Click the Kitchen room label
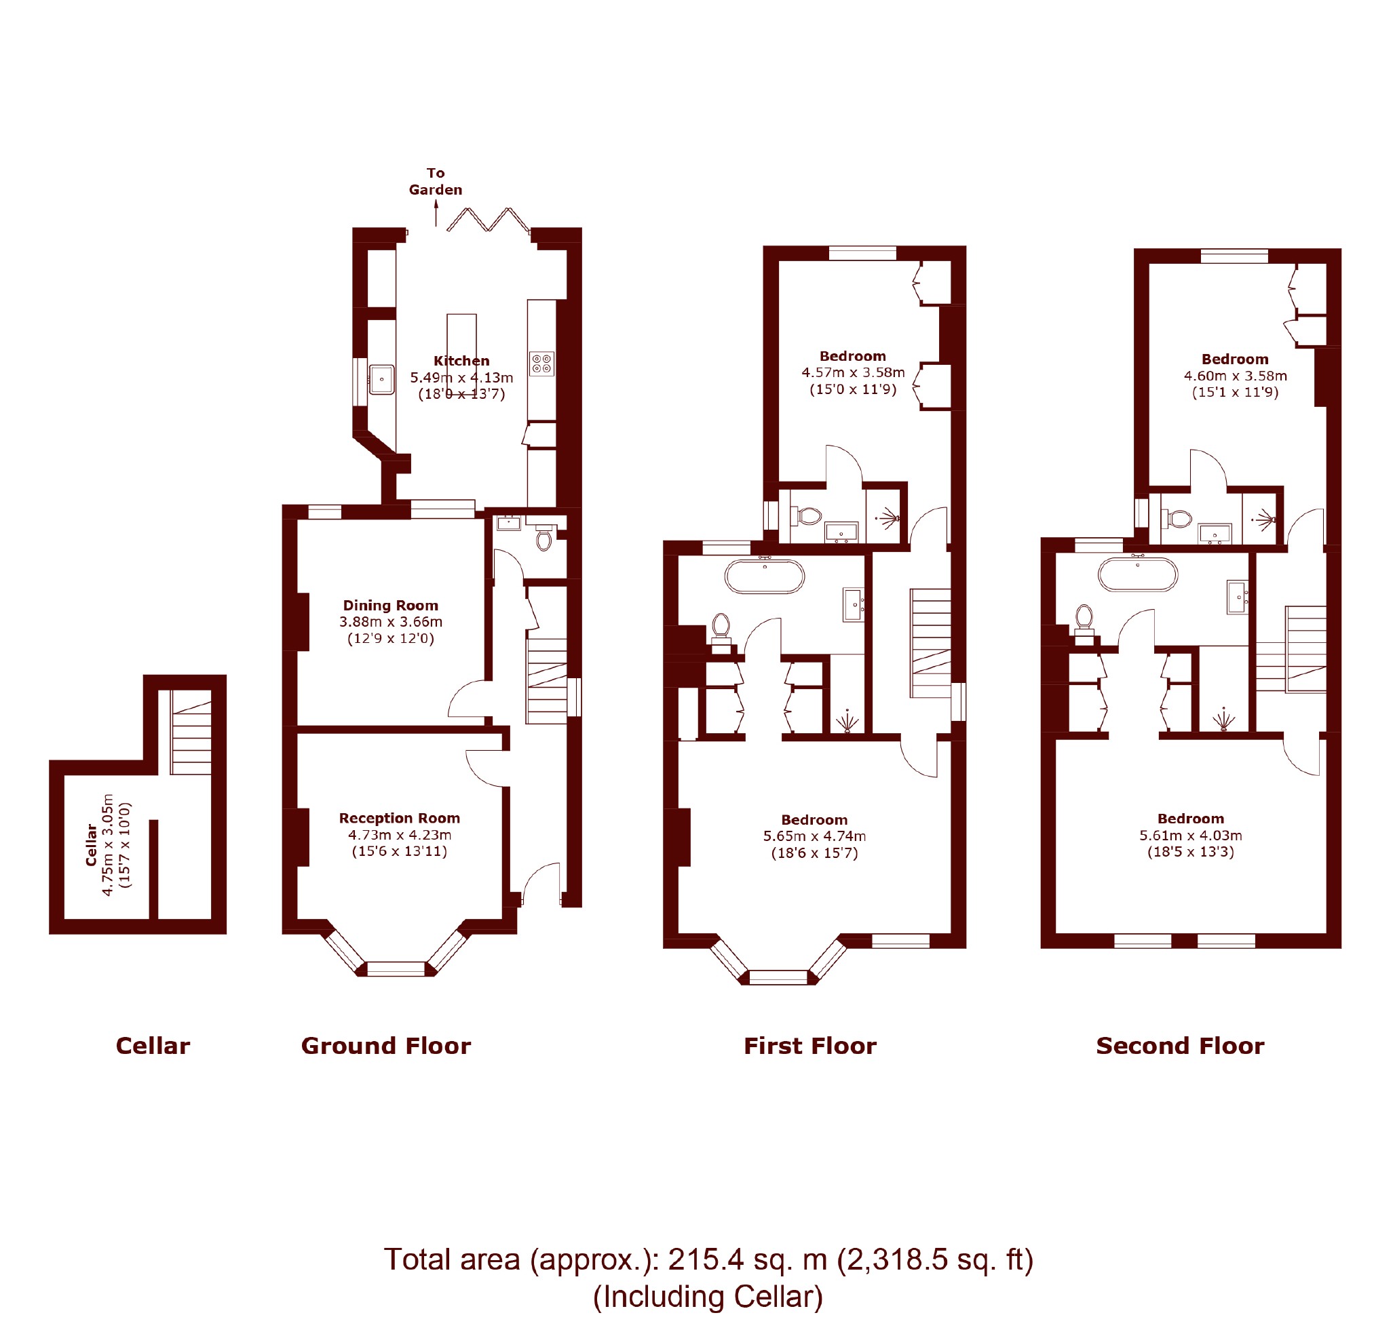[x=461, y=361]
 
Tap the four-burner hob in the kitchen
[x=542, y=364]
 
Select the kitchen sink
[x=381, y=379]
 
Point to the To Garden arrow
[x=436, y=213]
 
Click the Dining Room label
[x=390, y=606]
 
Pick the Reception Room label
[x=400, y=819]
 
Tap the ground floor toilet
[x=543, y=537]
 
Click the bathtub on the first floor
[x=764, y=576]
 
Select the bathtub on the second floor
[x=1138, y=574]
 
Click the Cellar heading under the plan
[x=153, y=1046]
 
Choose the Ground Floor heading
[x=386, y=1046]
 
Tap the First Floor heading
[x=809, y=1046]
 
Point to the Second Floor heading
[x=1181, y=1046]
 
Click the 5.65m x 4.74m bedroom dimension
[x=815, y=837]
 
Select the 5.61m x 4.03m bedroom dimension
[x=1191, y=836]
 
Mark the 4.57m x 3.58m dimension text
[x=853, y=373]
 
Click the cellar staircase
[x=191, y=732]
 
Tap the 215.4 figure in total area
[x=706, y=1260]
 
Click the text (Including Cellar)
[x=708, y=1297]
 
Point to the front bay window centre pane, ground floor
[x=396, y=968]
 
